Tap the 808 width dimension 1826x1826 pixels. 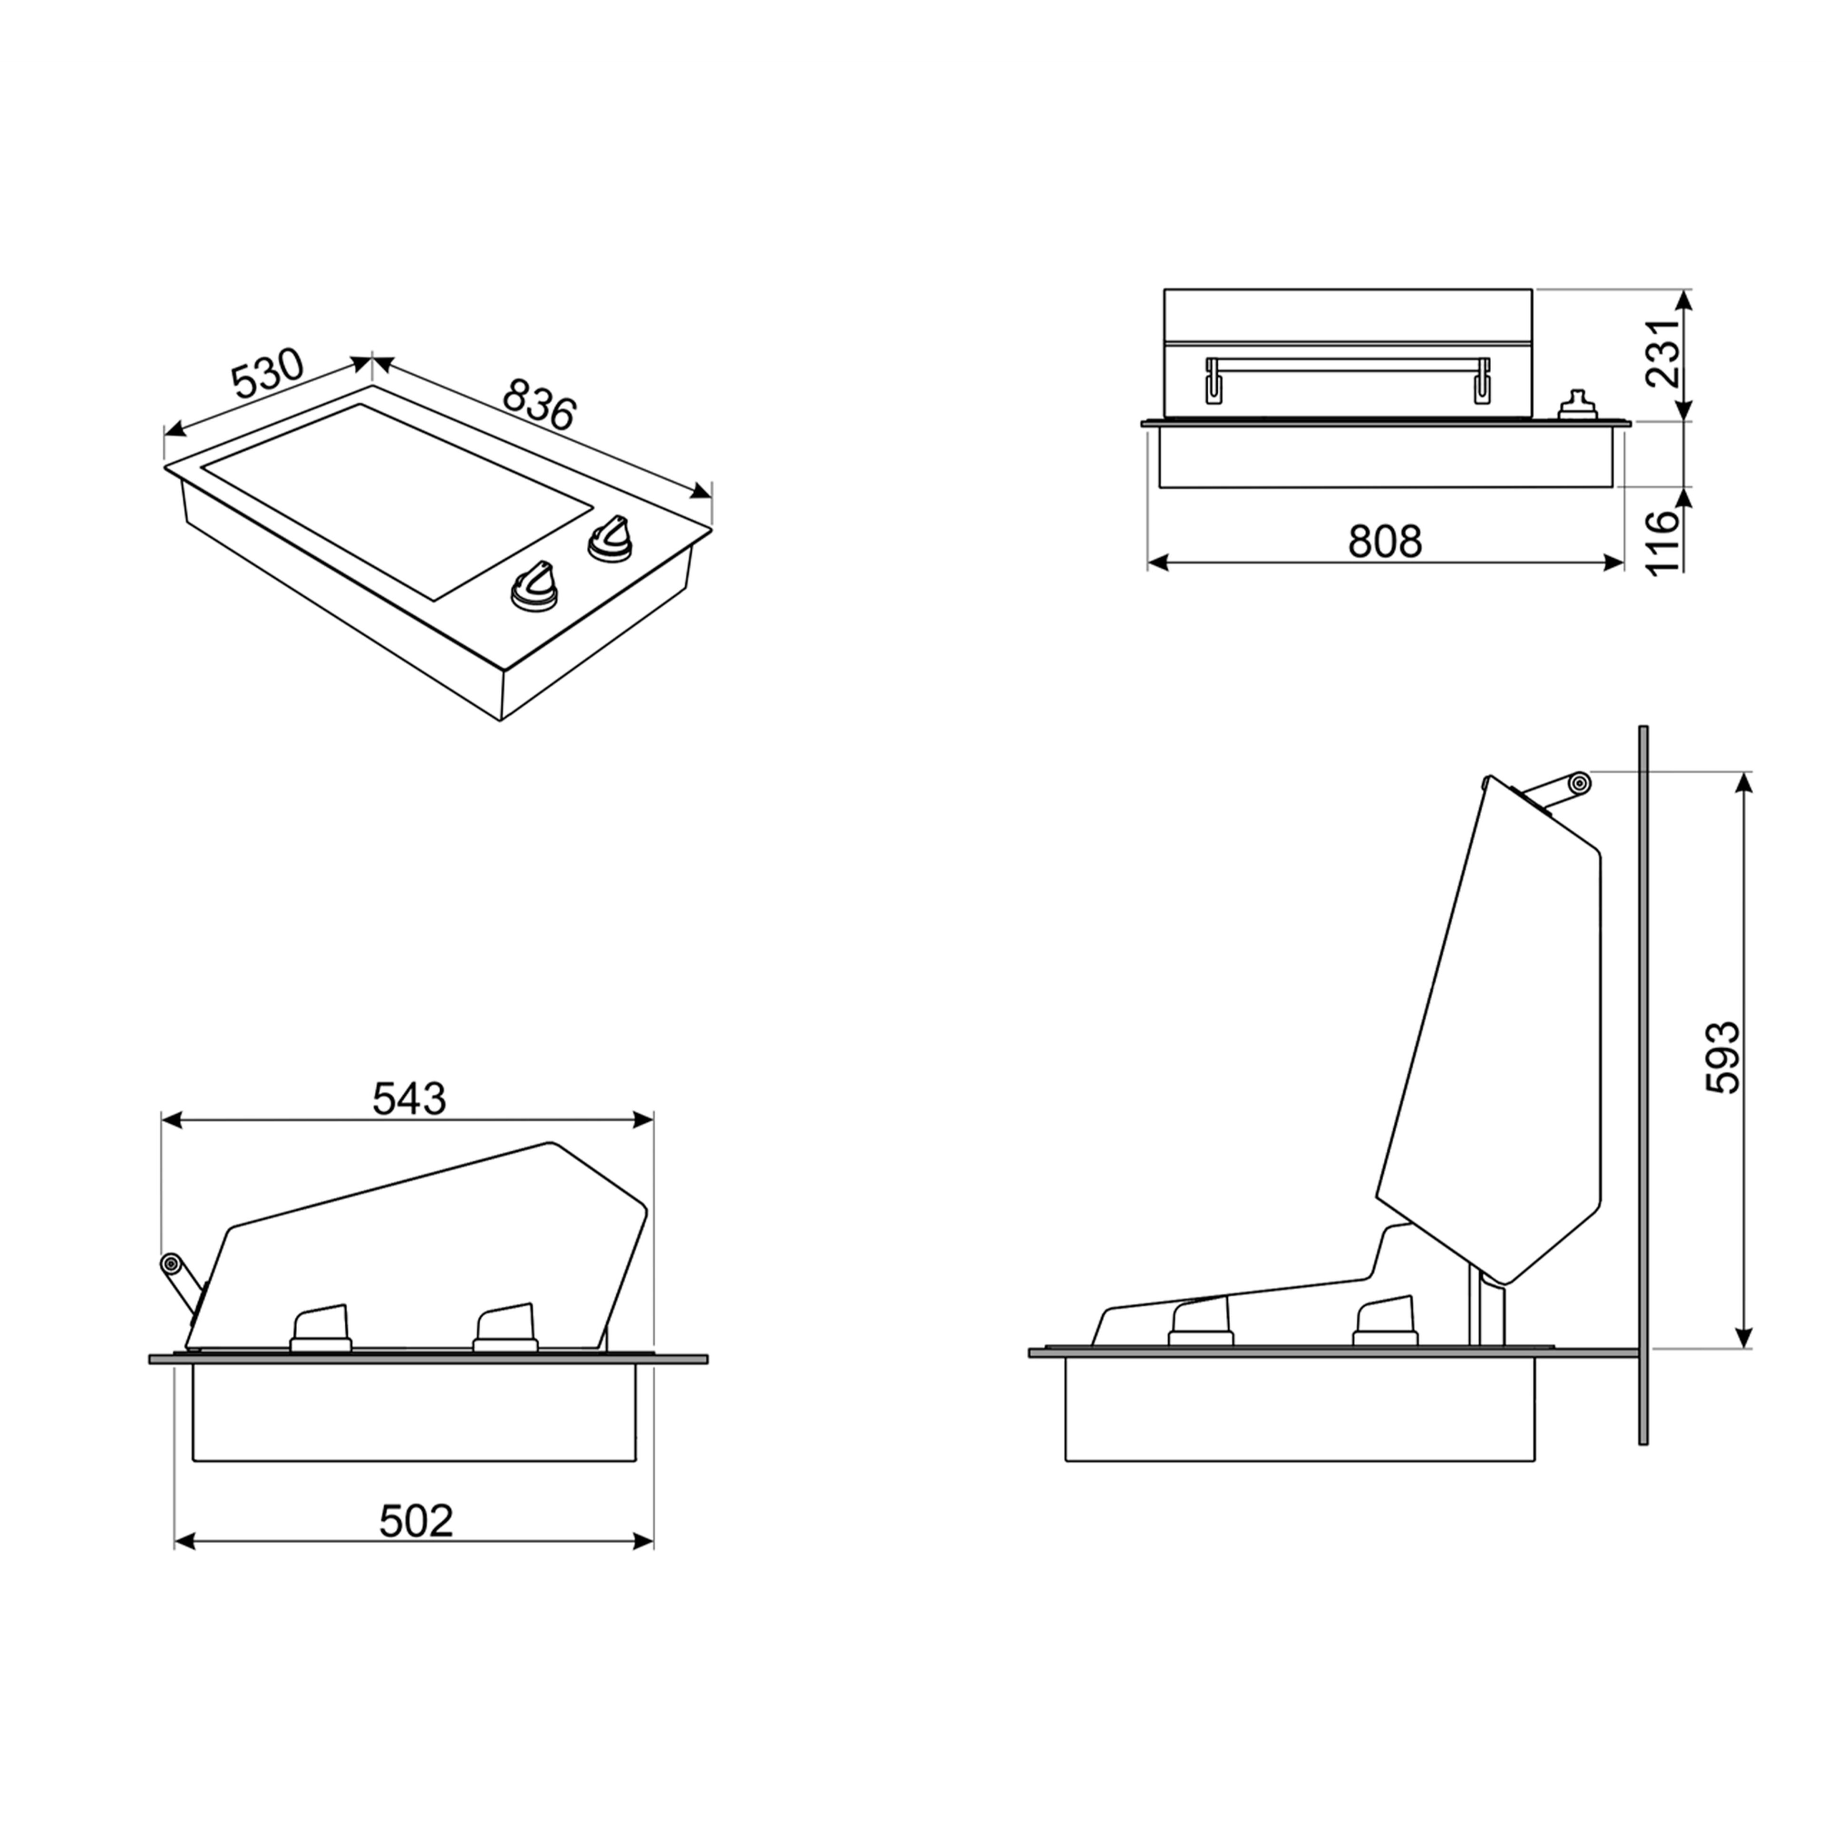point(1385,542)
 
